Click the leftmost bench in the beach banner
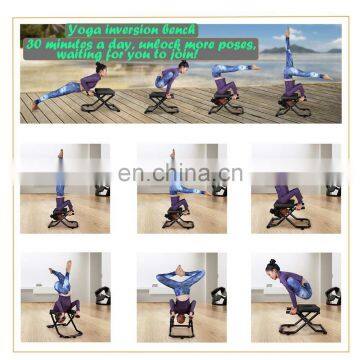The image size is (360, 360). click(x=101, y=99)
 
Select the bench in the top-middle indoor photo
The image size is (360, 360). click(x=180, y=215)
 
